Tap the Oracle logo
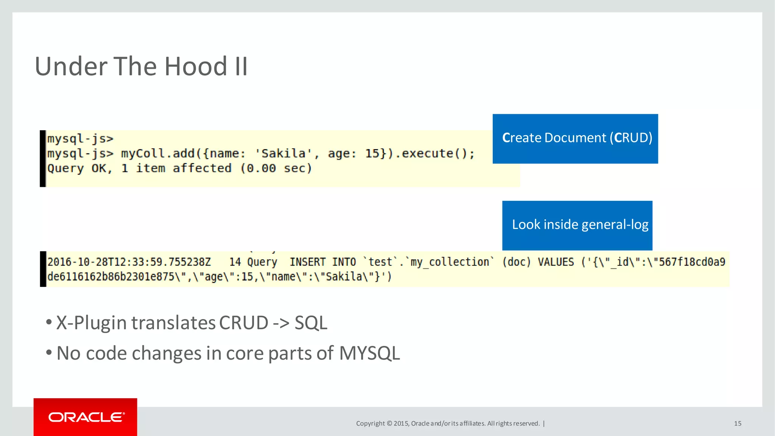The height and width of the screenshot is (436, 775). tap(86, 417)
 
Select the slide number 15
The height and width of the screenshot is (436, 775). tap(738, 424)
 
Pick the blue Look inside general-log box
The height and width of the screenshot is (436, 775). tap(577, 225)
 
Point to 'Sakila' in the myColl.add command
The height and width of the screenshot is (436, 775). tap(283, 153)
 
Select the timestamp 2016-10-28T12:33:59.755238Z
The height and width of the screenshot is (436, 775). tap(129, 262)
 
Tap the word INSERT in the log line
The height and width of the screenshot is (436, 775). tap(307, 262)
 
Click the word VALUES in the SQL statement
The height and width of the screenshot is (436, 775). tap(556, 262)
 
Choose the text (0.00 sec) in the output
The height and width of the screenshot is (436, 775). tap(276, 168)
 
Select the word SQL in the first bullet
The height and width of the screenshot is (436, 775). tap(311, 323)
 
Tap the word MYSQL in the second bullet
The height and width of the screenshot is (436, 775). tap(369, 353)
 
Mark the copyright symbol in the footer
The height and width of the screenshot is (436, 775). tap(389, 424)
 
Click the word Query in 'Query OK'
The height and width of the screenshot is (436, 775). tap(65, 168)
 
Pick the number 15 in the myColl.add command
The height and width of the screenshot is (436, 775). tap(372, 153)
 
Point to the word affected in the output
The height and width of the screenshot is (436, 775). tap(202, 168)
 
